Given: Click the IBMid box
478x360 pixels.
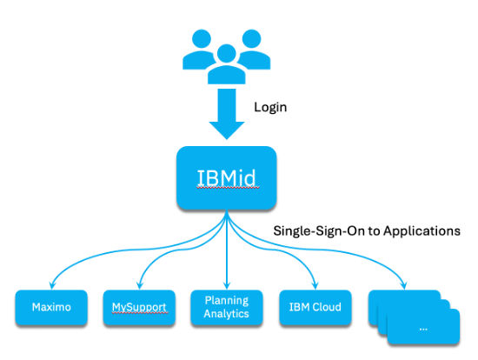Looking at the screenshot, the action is [227, 178].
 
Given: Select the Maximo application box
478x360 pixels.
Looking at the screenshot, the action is [51, 308].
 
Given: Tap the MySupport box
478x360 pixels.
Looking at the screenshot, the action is [139, 308].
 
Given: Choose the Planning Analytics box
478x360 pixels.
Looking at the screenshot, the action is [227, 308].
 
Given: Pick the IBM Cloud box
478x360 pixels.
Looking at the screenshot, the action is [315, 308].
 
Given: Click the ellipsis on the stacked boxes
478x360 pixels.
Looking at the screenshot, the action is [423, 330].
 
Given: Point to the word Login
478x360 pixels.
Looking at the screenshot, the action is [270, 107].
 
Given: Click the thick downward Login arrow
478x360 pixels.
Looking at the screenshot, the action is [227, 114].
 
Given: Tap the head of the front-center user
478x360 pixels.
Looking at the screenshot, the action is [227, 53].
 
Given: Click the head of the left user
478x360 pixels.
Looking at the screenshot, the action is [202, 39].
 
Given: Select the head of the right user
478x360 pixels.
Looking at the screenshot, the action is [251, 39].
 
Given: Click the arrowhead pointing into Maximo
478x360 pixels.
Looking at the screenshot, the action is [52, 285].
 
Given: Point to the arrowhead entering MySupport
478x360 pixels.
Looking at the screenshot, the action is [140, 285].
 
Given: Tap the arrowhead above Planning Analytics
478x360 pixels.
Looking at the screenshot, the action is [227, 285].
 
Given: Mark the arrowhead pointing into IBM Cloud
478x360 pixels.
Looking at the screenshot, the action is [315, 285].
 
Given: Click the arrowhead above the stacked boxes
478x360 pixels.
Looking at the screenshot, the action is [404, 285].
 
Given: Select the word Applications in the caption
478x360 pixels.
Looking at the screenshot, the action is [422, 231].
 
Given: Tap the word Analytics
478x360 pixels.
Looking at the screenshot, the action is [227, 314].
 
